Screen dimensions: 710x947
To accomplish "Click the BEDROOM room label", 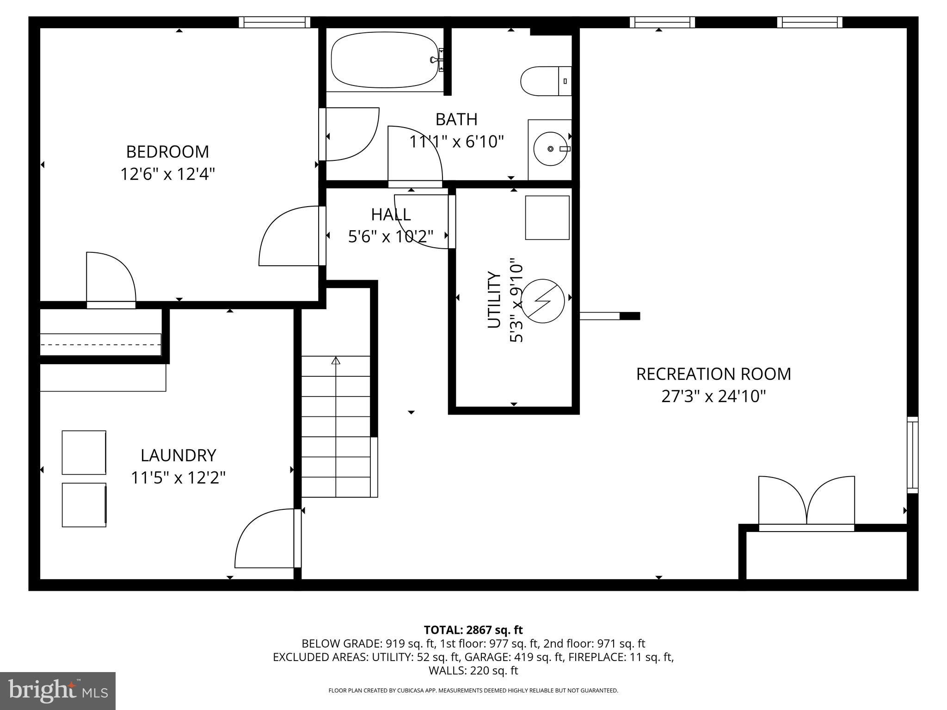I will click(x=167, y=152).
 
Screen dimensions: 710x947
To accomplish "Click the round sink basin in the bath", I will click(x=550, y=149).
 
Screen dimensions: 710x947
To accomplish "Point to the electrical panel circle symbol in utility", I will click(x=543, y=301).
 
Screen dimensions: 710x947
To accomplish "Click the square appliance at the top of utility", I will click(x=547, y=217).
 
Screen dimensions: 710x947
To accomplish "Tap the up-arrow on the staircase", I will click(x=336, y=360).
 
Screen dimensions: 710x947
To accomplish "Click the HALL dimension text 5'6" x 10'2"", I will click(x=391, y=237).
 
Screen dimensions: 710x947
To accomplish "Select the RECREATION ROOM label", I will click(x=713, y=374).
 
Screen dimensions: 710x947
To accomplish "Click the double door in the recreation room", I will click(x=806, y=503).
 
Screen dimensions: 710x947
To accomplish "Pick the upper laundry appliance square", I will click(x=84, y=453).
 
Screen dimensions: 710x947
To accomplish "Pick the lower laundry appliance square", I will click(x=84, y=505).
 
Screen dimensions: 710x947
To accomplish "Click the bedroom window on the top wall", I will click(x=275, y=22).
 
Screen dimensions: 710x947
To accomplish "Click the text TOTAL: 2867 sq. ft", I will click(x=473, y=630).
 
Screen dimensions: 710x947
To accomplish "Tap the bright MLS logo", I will click(x=58, y=691).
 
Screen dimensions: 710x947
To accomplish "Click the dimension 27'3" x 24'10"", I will click(x=713, y=397).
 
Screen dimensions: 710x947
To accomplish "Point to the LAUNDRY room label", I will click(x=178, y=455).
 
